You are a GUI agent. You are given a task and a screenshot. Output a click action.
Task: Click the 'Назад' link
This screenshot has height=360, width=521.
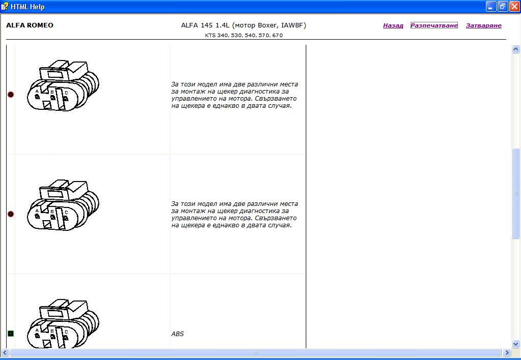click(x=393, y=25)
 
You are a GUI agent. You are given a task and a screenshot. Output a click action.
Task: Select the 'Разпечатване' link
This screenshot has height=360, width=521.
click(x=434, y=25)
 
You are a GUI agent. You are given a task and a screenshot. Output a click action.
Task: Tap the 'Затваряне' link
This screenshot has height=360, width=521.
click(x=483, y=25)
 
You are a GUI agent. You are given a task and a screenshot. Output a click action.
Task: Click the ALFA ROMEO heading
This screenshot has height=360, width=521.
click(x=30, y=25)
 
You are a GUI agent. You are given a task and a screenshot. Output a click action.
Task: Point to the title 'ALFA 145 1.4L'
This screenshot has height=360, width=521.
click(x=206, y=25)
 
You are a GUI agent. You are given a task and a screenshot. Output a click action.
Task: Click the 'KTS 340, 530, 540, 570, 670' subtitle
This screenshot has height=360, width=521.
click(x=244, y=35)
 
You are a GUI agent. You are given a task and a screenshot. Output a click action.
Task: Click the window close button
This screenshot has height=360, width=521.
click(x=514, y=6)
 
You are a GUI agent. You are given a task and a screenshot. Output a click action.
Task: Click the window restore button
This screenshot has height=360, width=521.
click(x=502, y=6)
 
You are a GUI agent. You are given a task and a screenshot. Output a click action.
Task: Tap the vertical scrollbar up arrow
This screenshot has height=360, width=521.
click(x=515, y=49)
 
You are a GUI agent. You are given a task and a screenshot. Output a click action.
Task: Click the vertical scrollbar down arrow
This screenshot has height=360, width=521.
click(x=515, y=344)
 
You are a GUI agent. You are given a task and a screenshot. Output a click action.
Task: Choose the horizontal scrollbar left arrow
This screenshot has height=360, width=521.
click(x=5, y=352)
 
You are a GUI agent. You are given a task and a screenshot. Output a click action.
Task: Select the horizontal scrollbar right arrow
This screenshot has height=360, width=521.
click(x=507, y=352)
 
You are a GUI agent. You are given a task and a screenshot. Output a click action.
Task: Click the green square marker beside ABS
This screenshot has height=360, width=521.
click(x=11, y=334)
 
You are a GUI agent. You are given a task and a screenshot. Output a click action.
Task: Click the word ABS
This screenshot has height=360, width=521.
click(x=178, y=334)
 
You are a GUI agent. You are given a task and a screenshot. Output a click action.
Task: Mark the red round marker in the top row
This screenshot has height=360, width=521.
click(x=11, y=94)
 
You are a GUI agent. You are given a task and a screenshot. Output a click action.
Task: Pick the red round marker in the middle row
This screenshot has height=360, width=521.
click(x=11, y=214)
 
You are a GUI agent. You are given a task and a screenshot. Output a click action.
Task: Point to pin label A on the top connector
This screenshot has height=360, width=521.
click(x=37, y=91)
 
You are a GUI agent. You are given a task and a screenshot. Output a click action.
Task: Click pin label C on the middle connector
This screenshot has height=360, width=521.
click(x=66, y=212)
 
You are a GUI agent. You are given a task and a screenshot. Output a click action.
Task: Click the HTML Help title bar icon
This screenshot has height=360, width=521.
click(x=5, y=6)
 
